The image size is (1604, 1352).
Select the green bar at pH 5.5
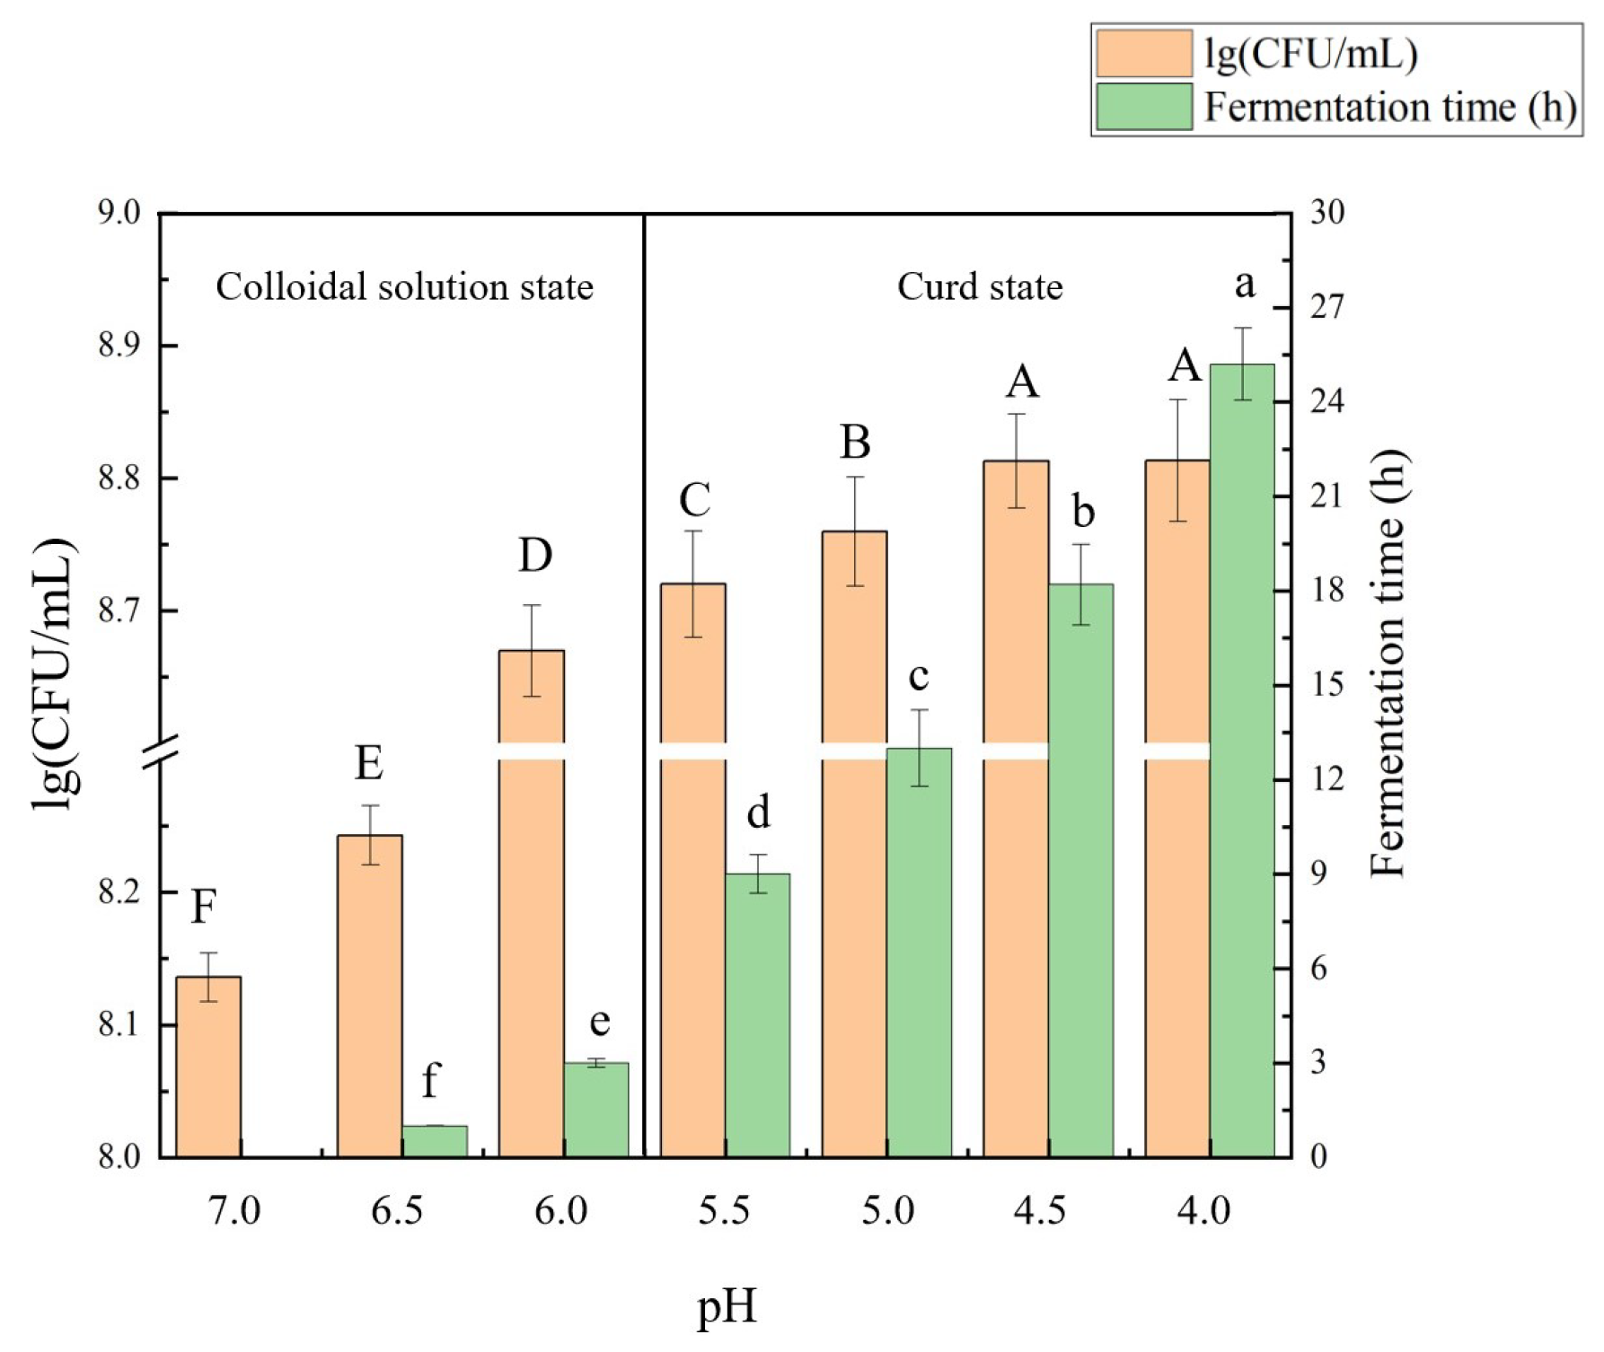tap(757, 1014)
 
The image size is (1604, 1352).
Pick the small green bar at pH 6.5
tap(435, 1140)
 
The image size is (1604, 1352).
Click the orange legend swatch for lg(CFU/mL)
tap(1143, 54)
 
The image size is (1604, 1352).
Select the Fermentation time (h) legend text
tap(1389, 108)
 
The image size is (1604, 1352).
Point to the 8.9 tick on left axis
tap(119, 346)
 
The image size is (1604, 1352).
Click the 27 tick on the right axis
tap(1327, 307)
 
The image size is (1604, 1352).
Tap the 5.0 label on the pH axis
tap(887, 1211)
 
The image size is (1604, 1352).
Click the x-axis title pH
tap(727, 1307)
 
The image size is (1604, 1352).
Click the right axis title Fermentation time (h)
tap(1388, 664)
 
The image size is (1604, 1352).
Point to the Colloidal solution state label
tap(404, 287)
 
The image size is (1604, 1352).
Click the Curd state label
tap(980, 287)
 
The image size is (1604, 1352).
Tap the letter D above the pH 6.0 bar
tap(534, 556)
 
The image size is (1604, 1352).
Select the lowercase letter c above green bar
tap(918, 676)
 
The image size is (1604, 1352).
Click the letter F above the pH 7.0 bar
tap(204, 907)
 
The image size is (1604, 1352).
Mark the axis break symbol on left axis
tap(163, 752)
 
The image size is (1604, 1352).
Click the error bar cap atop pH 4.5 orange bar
tap(1016, 414)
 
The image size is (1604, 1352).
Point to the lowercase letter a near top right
tap(1244, 285)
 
